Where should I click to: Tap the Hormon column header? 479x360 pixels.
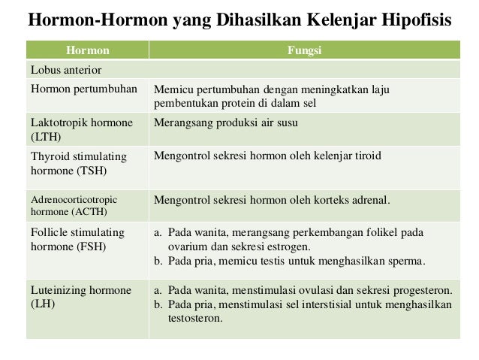[x=88, y=51]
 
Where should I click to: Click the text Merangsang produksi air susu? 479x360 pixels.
[x=225, y=123]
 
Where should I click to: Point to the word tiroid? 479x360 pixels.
[x=367, y=156]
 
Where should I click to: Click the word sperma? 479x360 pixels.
[x=406, y=261]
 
